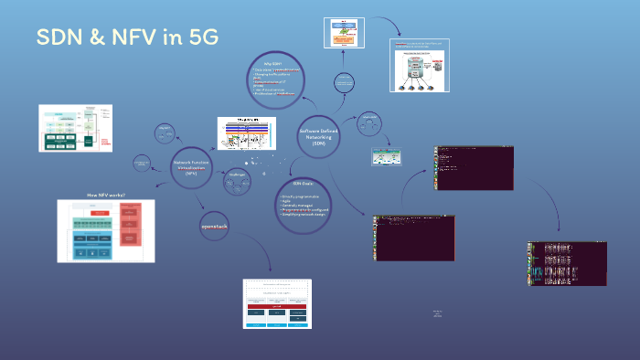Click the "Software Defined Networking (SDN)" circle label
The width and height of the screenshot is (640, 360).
click(318, 137)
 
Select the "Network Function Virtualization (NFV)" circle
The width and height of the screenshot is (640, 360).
click(191, 167)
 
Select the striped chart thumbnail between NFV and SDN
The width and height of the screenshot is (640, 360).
click(246, 133)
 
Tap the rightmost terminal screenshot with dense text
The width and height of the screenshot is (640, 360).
click(567, 263)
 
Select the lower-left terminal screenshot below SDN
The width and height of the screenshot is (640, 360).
click(414, 238)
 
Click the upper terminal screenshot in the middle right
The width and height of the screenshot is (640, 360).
click(474, 167)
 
